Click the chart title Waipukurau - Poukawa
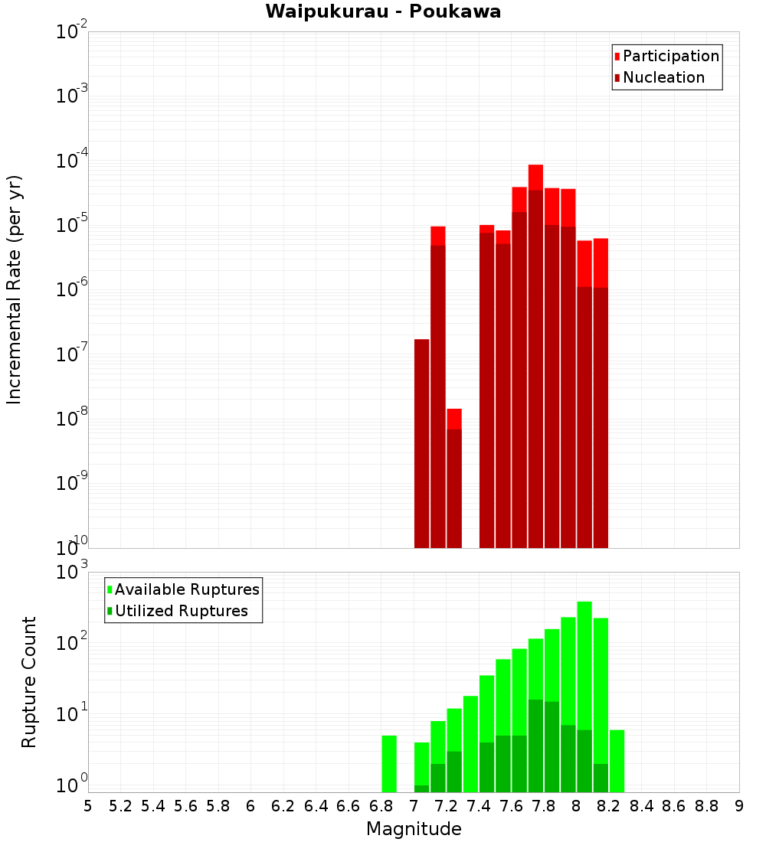(383, 12)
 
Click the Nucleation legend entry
(663, 77)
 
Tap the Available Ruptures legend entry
(187, 589)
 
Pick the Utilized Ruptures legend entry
(181, 611)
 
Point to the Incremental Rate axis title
(15, 289)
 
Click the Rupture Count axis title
(29, 681)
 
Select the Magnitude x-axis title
(414, 829)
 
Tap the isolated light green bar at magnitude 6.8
(389, 763)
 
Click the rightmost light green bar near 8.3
(617, 761)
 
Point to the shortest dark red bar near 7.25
(454, 490)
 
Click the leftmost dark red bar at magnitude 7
(421, 444)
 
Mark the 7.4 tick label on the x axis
(479, 806)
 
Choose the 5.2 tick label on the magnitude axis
(121, 806)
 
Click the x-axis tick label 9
(739, 806)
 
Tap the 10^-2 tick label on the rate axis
(72, 32)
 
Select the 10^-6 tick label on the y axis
(72, 290)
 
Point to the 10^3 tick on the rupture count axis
(73, 573)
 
